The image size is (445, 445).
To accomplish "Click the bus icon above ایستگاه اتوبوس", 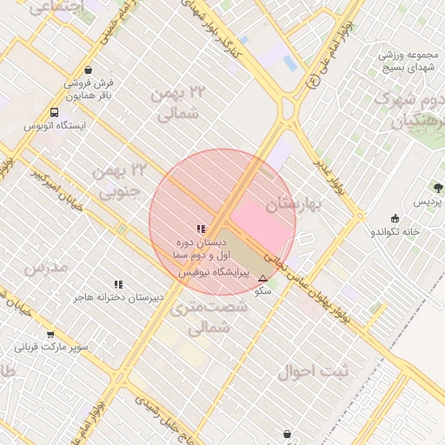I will point(55,112).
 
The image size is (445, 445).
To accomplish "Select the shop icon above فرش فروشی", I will point(89,70).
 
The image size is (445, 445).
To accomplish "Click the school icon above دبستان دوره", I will point(201,229).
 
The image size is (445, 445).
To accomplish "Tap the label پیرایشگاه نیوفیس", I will point(213,272).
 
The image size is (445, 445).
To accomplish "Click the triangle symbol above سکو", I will point(262,278).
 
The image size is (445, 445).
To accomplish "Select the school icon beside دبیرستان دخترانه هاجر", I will point(118,284).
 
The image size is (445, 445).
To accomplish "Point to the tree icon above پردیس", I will point(437,187).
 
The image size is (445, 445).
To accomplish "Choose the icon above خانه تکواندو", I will point(396,218).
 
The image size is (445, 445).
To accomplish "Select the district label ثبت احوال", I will point(312,372).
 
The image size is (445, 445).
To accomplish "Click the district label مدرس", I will point(46,267).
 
